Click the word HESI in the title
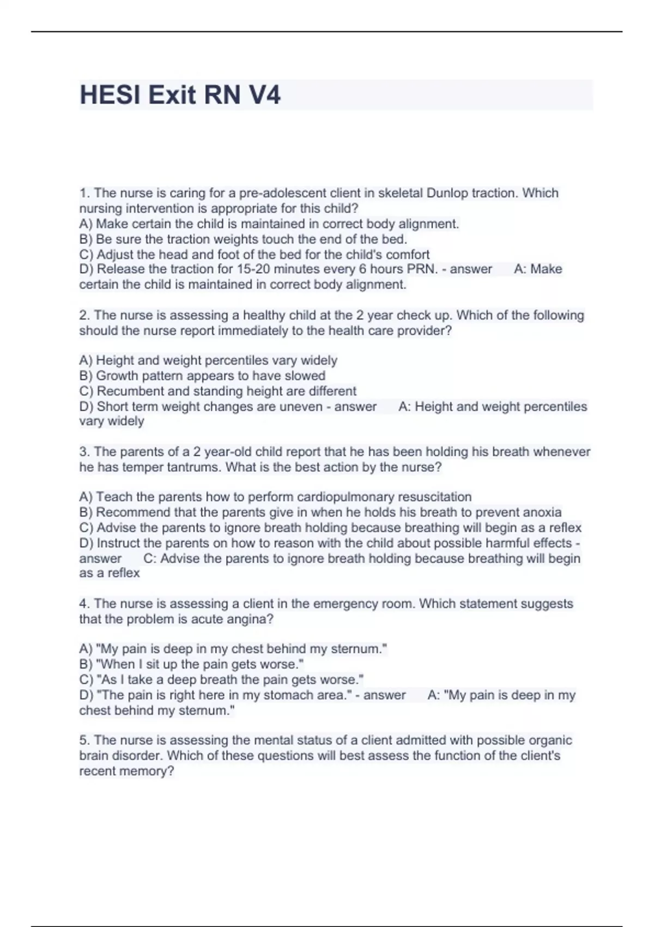[110, 95]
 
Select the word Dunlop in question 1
[447, 193]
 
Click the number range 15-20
[253, 269]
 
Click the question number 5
[84, 740]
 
